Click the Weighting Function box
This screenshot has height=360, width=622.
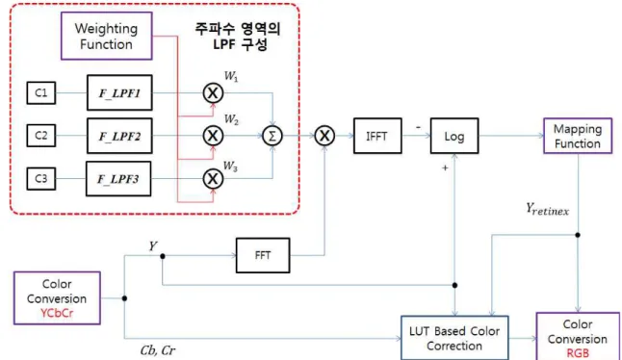click(x=106, y=36)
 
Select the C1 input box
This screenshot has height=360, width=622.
click(x=41, y=92)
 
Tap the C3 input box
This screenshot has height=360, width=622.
click(x=41, y=178)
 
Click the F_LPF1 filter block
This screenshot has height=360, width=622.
click(x=119, y=92)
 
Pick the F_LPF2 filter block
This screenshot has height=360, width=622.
click(x=119, y=136)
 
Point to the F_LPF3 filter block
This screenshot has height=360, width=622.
click(x=118, y=179)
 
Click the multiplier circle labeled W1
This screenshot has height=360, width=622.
click(x=213, y=93)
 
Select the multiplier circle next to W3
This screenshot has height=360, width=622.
click(x=213, y=179)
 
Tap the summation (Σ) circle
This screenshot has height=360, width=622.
click(x=272, y=136)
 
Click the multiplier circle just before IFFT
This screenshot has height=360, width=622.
click(x=324, y=136)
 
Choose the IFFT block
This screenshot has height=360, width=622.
click(x=377, y=136)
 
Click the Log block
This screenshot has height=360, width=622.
click(x=454, y=136)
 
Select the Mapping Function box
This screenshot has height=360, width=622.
click(x=578, y=136)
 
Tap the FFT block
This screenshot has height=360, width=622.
click(x=263, y=255)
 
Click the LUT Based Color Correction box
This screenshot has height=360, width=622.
click(x=454, y=338)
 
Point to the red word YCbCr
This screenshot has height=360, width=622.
click(x=57, y=313)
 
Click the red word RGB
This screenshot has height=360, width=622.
click(x=578, y=353)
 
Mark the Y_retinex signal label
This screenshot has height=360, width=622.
click(x=548, y=209)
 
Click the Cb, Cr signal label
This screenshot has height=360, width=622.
click(x=158, y=350)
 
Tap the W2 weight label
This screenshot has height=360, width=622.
click(x=231, y=119)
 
